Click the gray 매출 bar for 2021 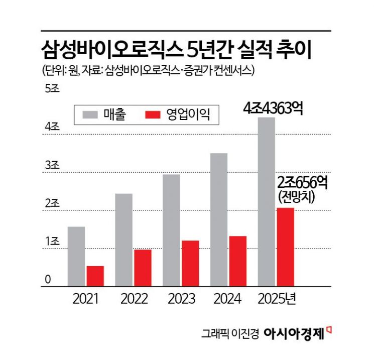click(x=76, y=257)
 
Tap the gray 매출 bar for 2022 click(x=123, y=240)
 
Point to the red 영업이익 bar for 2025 click(x=285, y=247)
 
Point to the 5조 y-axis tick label click(x=53, y=89)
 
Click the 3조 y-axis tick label click(x=53, y=165)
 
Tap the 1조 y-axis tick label click(x=53, y=242)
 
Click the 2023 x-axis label click(x=182, y=299)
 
